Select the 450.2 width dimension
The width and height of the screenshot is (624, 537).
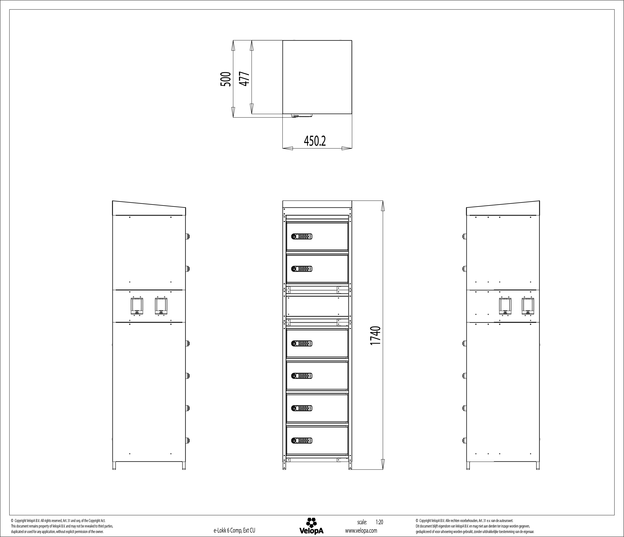pyautogui.click(x=315, y=141)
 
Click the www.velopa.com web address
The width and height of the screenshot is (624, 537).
pyautogui.click(x=361, y=530)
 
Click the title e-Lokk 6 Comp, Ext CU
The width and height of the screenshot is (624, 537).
pyautogui.click(x=234, y=530)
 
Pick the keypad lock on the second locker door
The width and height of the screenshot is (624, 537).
pyautogui.click(x=302, y=269)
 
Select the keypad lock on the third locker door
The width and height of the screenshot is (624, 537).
pyautogui.click(x=302, y=343)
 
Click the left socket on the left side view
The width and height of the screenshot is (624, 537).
pyautogui.click(x=137, y=306)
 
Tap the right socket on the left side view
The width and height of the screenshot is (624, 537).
pyautogui.click(x=161, y=306)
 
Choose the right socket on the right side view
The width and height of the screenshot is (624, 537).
pyautogui.click(x=528, y=306)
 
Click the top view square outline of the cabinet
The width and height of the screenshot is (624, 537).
pyautogui.click(x=317, y=77)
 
